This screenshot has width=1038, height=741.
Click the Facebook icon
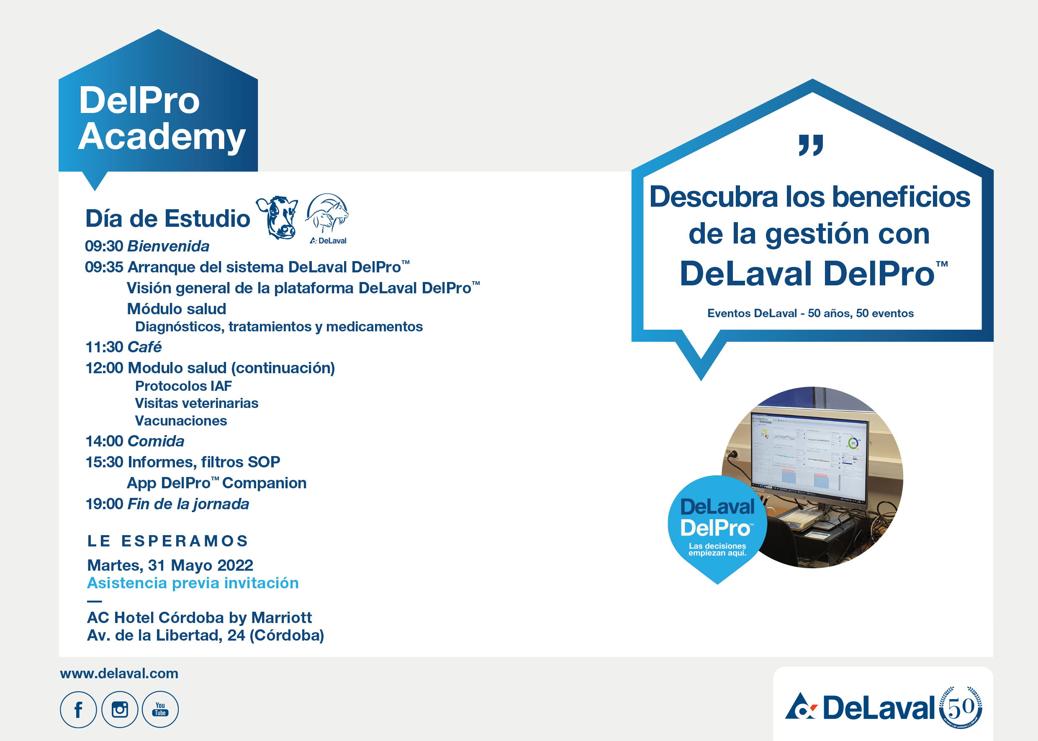pos(78,710)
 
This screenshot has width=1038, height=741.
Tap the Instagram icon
pos(120,710)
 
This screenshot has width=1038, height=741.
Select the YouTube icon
pos(160,710)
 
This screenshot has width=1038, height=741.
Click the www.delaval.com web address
pos(119,674)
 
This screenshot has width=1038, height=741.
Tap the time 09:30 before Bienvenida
pos(104,246)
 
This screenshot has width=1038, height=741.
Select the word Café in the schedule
pos(145,347)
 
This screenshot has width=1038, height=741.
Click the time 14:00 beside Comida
pos(105,441)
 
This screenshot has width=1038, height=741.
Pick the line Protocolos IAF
pos(183,386)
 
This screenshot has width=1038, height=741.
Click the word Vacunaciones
pos(181,420)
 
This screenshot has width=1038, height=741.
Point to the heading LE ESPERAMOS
pos(167,541)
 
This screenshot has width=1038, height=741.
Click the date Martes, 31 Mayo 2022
pos(170,565)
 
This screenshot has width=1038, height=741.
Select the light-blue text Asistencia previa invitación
pos(193,583)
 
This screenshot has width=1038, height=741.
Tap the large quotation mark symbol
pos(811,145)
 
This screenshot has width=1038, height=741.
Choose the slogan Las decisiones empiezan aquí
pos(717,549)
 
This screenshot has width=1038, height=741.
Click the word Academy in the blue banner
pos(162,136)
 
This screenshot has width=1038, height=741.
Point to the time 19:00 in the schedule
pos(105,504)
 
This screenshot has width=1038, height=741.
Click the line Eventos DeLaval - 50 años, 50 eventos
pos(810,313)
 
